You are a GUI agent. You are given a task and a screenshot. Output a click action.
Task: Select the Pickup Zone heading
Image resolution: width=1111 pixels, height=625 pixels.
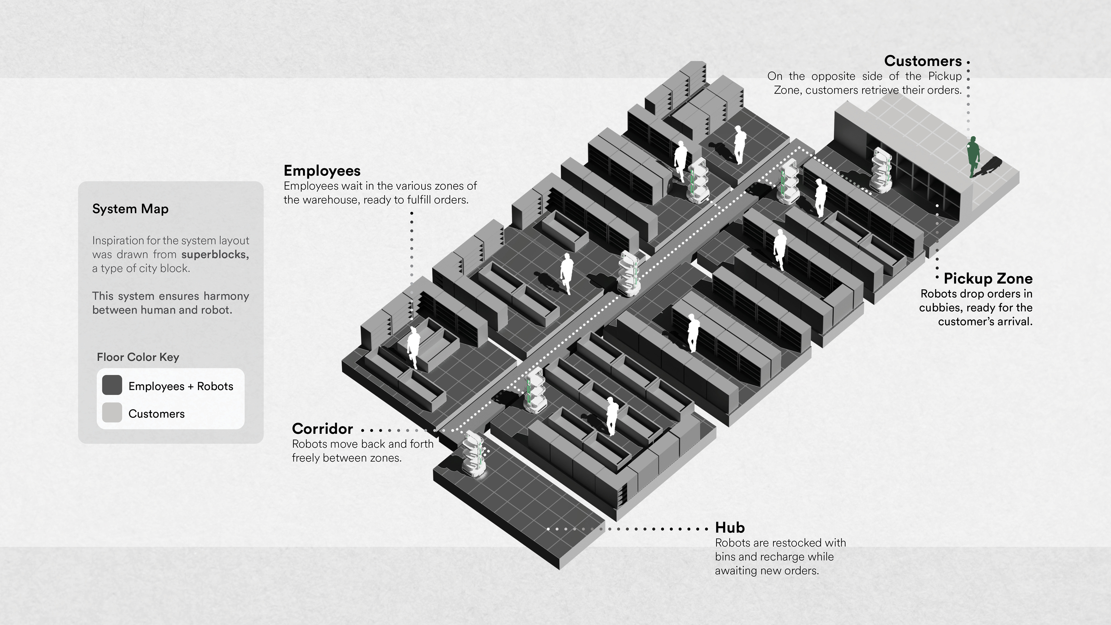pyautogui.click(x=988, y=279)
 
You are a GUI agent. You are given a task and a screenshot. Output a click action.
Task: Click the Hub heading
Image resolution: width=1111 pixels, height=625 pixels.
pyautogui.click(x=730, y=527)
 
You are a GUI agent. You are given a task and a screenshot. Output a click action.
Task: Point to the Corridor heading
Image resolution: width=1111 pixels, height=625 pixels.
pyautogui.click(x=322, y=429)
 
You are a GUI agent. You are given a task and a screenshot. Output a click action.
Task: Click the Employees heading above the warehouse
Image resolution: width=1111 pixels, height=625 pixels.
pyautogui.click(x=322, y=171)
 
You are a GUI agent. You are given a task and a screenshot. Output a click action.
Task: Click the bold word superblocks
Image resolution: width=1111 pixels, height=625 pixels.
pyautogui.click(x=215, y=255)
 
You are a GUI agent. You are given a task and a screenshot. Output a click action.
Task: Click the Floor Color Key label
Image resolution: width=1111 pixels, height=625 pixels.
pyautogui.click(x=138, y=357)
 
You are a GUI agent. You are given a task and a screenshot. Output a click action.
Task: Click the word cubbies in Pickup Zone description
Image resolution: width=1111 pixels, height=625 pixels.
pyautogui.click(x=935, y=308)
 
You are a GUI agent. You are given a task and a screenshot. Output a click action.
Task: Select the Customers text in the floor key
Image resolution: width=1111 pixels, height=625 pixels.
pyautogui.click(x=156, y=414)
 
